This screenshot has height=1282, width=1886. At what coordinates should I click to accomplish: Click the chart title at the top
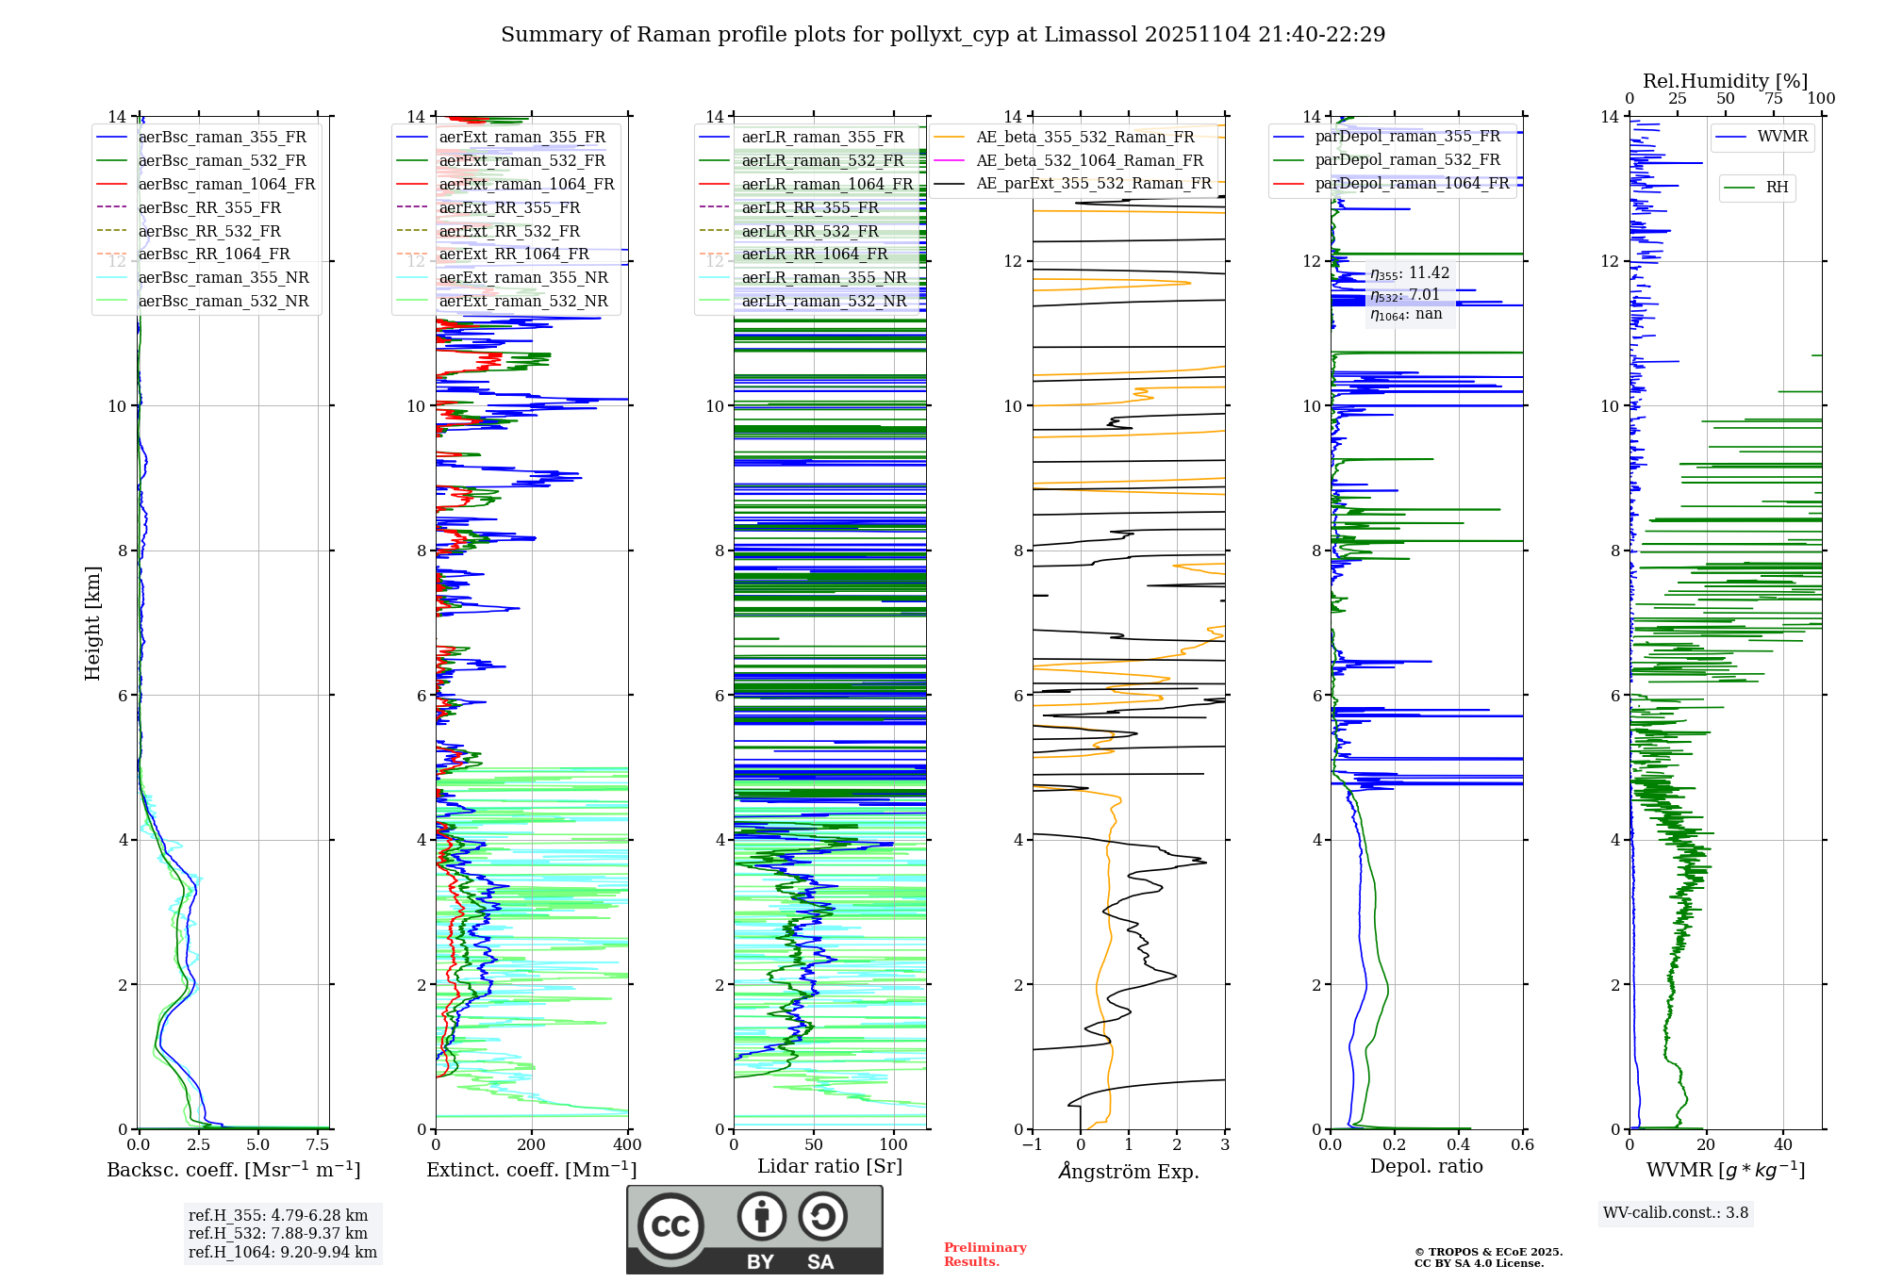[x=943, y=35]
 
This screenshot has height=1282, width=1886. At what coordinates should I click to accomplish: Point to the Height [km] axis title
[x=92, y=622]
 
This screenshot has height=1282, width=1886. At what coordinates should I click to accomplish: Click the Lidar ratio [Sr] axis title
[x=830, y=1166]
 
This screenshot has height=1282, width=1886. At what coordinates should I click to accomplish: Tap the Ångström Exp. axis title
[x=1129, y=1171]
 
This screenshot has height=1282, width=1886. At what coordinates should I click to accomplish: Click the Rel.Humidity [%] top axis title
[x=1725, y=81]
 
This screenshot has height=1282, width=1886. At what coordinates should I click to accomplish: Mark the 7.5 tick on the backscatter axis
[x=318, y=1145]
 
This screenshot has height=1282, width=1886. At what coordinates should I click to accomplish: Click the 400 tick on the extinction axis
[x=627, y=1145]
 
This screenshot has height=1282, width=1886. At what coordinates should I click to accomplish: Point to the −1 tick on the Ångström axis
[x=1033, y=1145]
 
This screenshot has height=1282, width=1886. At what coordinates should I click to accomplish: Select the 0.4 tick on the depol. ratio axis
[x=1459, y=1145]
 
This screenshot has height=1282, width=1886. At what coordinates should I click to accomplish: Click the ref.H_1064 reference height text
[x=283, y=1252]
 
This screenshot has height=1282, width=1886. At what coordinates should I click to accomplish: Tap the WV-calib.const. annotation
[x=1676, y=1213]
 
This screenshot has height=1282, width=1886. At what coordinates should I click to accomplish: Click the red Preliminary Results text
[x=984, y=1255]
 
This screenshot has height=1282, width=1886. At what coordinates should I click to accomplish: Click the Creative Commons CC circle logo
[x=670, y=1226]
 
